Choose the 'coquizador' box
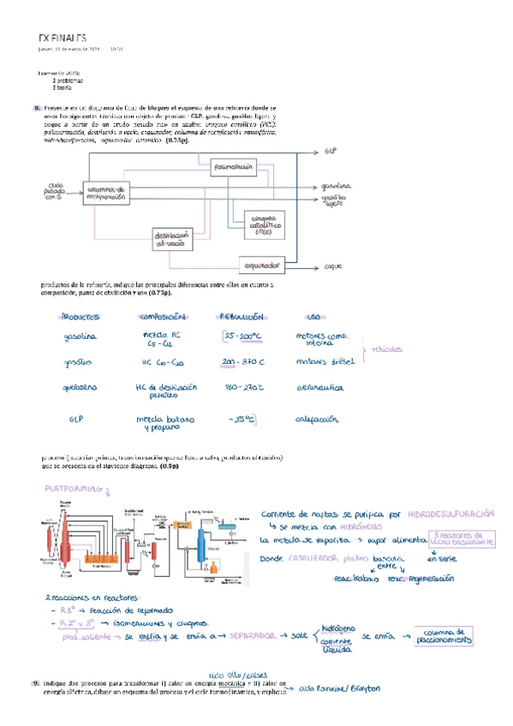click(x=262, y=264)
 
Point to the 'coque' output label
click(x=333, y=265)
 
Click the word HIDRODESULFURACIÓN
click(x=450, y=513)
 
